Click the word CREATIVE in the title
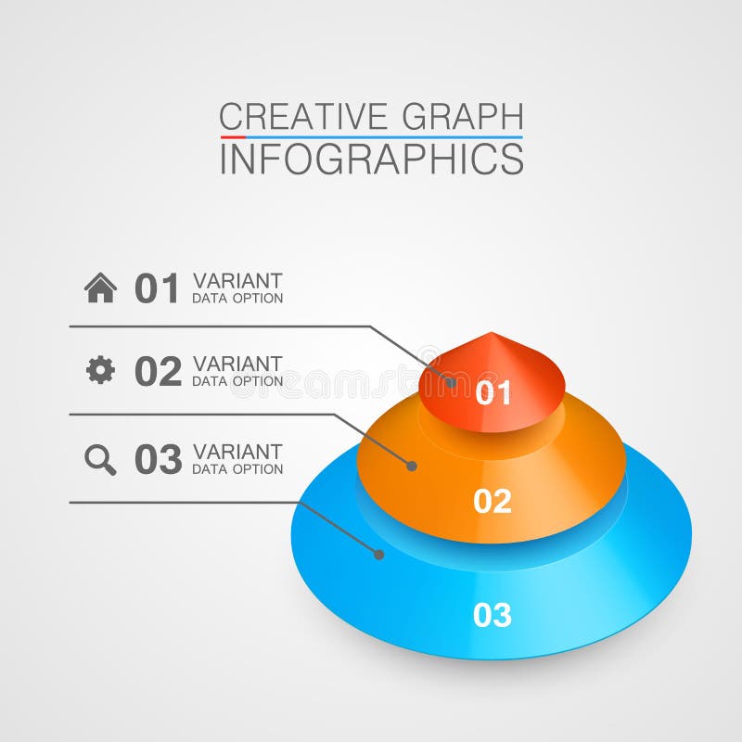(x=303, y=117)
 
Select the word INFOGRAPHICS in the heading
(x=371, y=159)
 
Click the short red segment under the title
(x=233, y=137)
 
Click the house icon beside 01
(x=100, y=288)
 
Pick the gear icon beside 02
(x=100, y=370)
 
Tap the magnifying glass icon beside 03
(x=100, y=459)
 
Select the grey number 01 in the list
(x=157, y=288)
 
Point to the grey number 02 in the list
(x=158, y=371)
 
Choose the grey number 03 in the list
(x=158, y=459)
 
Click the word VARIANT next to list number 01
(x=237, y=280)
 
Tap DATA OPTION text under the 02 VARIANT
(x=237, y=381)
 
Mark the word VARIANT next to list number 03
(x=237, y=452)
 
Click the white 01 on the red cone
(x=493, y=393)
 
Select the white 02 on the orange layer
(x=493, y=501)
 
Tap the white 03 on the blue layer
(x=493, y=615)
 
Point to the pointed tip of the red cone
(x=492, y=334)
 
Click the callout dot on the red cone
(x=451, y=381)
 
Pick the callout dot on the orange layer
(x=412, y=465)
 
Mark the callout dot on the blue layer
(x=378, y=554)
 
